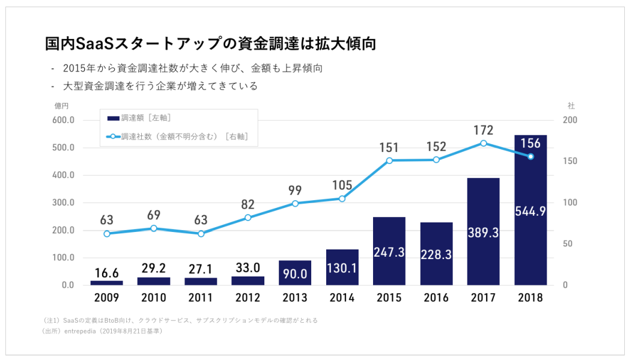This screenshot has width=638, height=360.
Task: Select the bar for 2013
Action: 295,273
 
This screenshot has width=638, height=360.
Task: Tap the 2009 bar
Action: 107,282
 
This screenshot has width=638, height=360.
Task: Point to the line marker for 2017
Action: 484,143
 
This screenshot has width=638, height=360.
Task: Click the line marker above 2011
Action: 201,233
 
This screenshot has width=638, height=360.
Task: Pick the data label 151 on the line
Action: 390,148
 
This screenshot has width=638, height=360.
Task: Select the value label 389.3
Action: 484,233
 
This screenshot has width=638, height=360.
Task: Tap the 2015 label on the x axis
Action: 389,298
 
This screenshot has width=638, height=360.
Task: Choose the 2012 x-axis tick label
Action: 248,298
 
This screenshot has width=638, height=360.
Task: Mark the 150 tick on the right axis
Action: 569,162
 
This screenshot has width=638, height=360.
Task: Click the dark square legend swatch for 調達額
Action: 112,118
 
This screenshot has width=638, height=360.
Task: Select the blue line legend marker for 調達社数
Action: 112,137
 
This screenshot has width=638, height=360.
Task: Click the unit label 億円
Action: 61,105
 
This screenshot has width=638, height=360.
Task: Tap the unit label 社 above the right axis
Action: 571,105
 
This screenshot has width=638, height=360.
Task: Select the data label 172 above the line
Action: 484,130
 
